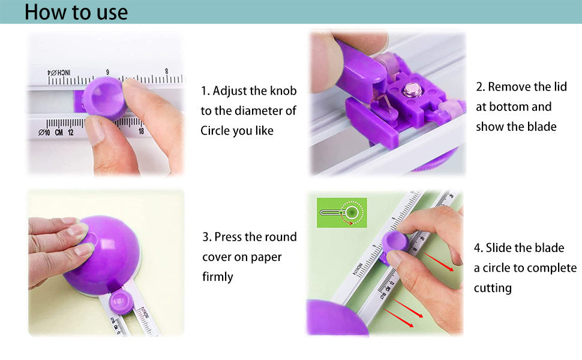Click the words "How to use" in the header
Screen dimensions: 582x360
[x=76, y=12]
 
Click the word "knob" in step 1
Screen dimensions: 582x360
[x=283, y=91]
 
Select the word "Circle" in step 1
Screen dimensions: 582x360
[x=215, y=131]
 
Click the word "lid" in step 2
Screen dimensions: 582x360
[x=560, y=86]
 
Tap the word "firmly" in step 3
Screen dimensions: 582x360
[x=218, y=277]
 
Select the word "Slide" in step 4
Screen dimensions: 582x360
[x=499, y=248]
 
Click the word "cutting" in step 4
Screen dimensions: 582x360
[x=493, y=288]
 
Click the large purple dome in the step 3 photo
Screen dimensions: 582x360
[x=103, y=254]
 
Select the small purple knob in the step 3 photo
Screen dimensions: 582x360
[x=121, y=302]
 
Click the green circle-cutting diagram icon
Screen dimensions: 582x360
[x=342, y=212]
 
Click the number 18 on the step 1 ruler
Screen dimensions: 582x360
[x=141, y=131]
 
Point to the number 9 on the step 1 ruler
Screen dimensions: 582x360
[x=107, y=72]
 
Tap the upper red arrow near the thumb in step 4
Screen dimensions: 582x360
[x=439, y=262]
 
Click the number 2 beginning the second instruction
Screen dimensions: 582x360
[x=479, y=87]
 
